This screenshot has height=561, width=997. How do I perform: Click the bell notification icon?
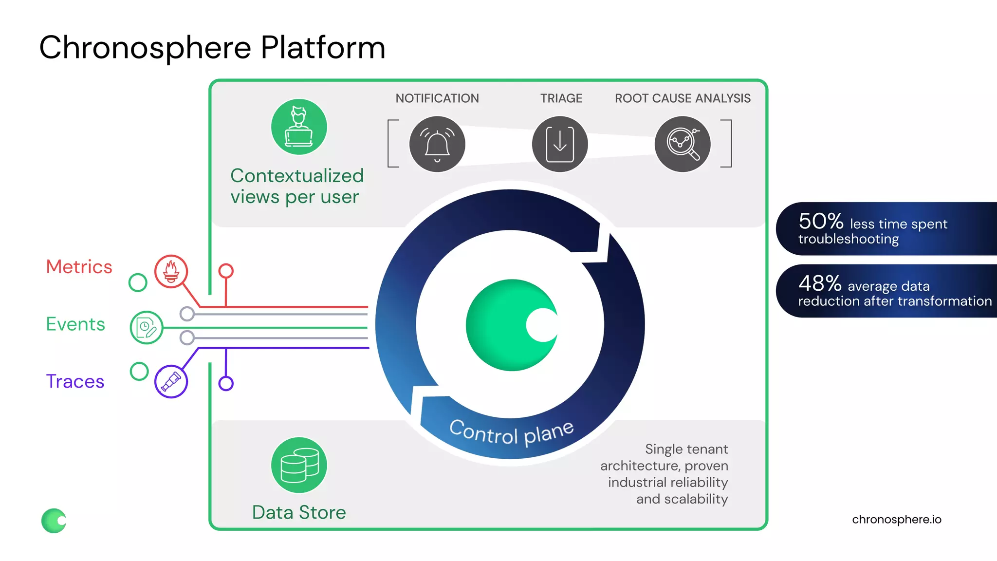pos(437,144)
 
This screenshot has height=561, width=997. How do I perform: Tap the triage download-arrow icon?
pos(560,144)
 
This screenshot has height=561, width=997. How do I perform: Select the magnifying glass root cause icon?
pos(683,144)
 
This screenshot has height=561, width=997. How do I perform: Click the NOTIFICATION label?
pos(437,98)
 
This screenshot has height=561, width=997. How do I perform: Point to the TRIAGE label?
pos(561,98)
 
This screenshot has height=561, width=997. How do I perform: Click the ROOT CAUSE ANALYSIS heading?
pos(683,98)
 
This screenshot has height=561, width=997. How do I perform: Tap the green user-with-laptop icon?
pos(299,127)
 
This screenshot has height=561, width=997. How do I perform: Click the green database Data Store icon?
pos(299,465)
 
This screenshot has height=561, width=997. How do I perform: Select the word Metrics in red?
pos(79,267)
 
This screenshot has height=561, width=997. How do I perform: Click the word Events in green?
pos(75,324)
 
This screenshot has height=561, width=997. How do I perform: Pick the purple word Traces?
pos(75,381)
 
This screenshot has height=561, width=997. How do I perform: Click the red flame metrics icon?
pos(171,271)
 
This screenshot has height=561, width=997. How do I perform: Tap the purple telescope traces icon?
pos(171,381)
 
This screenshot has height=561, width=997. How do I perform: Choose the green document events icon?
pos(146,327)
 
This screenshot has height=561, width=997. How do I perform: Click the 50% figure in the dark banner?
pos(821,222)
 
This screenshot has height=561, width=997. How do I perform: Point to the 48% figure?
pos(820,283)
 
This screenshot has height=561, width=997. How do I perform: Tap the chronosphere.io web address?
pos(896,520)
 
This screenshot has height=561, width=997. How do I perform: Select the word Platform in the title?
pos(323,48)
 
